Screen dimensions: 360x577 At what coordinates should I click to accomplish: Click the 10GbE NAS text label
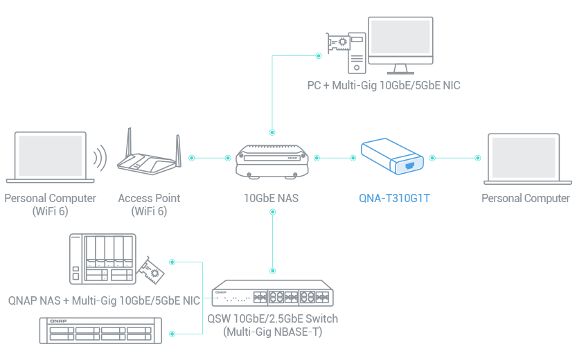coord(272,199)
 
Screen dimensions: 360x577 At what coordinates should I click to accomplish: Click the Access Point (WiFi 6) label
coord(149,204)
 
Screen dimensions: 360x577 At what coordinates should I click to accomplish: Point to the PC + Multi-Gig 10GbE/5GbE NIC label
coord(384,86)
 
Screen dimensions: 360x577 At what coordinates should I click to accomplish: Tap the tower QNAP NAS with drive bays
coord(103,260)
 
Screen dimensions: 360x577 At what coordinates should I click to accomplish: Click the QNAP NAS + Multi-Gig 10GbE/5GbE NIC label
coord(104,300)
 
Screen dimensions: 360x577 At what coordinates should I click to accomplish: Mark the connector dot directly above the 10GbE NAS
coord(272,131)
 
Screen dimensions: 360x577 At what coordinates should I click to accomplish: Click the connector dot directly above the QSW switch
coord(272,270)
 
